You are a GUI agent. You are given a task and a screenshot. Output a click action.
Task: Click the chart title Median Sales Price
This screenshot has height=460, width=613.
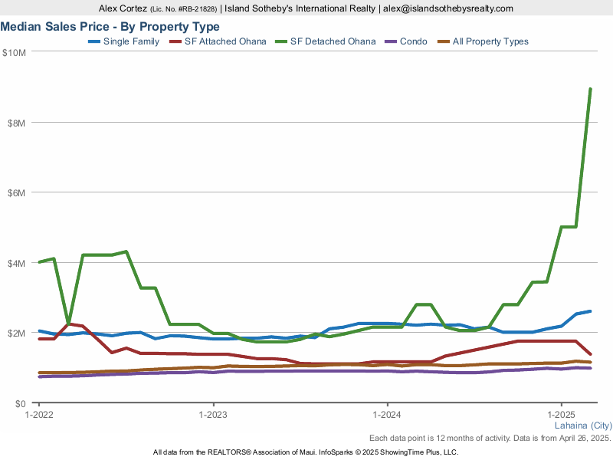pyautogui.click(x=110, y=27)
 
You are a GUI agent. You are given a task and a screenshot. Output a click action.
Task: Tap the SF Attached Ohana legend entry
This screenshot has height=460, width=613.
pyautogui.click(x=225, y=41)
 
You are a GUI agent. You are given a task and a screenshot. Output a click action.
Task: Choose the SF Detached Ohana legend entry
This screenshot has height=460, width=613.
pyautogui.click(x=333, y=41)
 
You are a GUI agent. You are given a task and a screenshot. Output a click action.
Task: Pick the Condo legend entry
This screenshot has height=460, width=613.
pyautogui.click(x=414, y=41)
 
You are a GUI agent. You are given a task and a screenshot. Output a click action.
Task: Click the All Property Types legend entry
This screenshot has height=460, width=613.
pyautogui.click(x=490, y=41)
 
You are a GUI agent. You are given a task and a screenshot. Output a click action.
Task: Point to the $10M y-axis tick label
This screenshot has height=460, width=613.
pyautogui.click(x=15, y=52)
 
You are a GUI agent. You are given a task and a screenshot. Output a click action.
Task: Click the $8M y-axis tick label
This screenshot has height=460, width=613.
pyautogui.click(x=17, y=123)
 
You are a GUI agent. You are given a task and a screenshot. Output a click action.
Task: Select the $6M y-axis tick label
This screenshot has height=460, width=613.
pyautogui.click(x=17, y=192)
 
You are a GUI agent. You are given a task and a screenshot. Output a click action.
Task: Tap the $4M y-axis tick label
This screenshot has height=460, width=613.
pyautogui.click(x=17, y=263)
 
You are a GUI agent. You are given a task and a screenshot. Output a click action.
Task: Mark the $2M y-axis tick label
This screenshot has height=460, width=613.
pyautogui.click(x=17, y=333)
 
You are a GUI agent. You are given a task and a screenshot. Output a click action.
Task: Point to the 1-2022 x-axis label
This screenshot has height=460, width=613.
pyautogui.click(x=38, y=415)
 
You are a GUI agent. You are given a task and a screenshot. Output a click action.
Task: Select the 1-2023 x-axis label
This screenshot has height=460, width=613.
pyautogui.click(x=213, y=415)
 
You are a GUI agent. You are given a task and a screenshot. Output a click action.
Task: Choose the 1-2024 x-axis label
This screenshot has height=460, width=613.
pyautogui.click(x=387, y=415)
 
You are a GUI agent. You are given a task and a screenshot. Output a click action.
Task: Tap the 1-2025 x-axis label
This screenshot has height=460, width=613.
pyautogui.click(x=562, y=415)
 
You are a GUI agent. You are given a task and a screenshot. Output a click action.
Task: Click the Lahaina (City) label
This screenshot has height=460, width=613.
pyautogui.click(x=582, y=426)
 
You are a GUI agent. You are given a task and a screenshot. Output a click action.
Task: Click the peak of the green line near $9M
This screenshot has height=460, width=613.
pyautogui.click(x=590, y=89)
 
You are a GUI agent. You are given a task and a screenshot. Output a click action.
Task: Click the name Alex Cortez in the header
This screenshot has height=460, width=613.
pyautogui.click(x=123, y=8)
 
